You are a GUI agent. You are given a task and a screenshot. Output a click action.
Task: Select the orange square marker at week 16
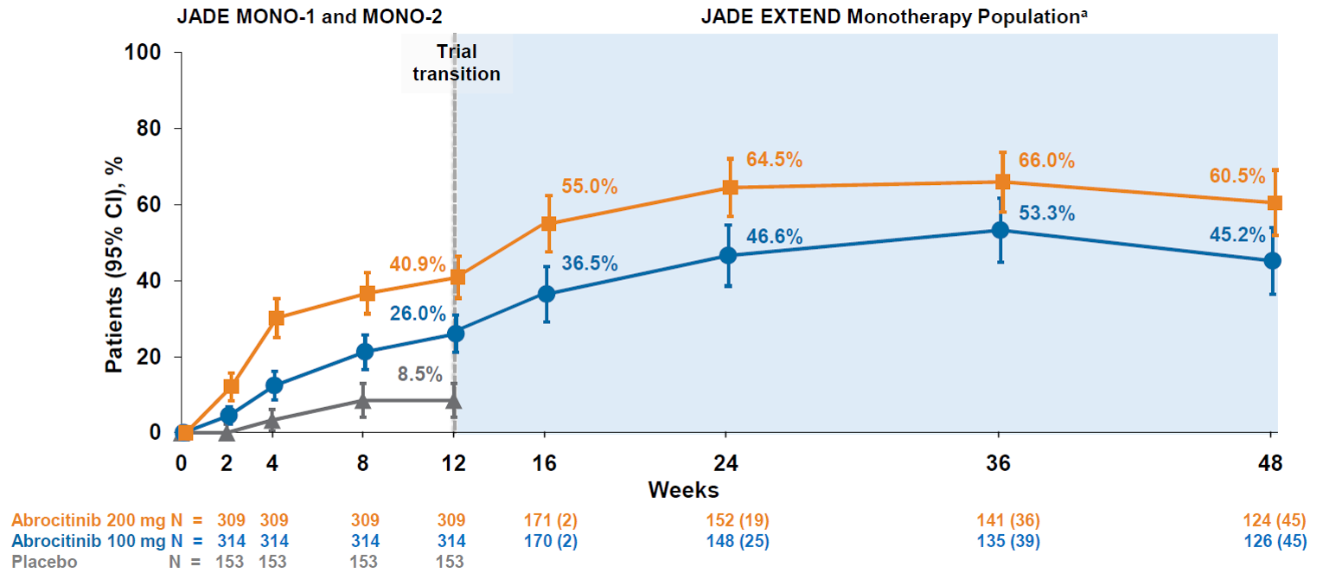(x=548, y=223)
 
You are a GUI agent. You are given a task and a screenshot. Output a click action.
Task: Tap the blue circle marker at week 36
(x=1000, y=230)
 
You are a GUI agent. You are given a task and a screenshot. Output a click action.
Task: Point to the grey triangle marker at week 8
(x=363, y=400)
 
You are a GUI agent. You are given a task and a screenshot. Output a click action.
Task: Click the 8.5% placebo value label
(x=420, y=374)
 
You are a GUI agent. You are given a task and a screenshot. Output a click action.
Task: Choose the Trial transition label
(x=456, y=63)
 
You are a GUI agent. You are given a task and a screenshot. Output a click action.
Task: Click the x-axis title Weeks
(x=683, y=491)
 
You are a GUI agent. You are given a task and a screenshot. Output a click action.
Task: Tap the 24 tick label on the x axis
(x=729, y=463)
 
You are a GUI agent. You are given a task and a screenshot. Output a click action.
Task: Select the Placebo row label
(x=45, y=562)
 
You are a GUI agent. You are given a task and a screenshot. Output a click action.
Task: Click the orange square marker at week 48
(x=1274, y=203)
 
